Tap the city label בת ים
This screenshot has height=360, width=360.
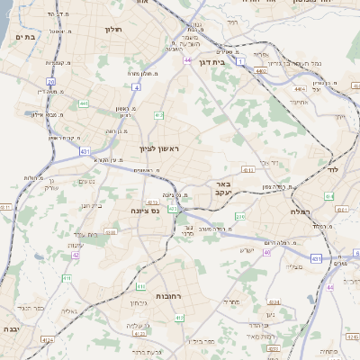point(25,37)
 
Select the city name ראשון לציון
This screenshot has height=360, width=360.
point(159,148)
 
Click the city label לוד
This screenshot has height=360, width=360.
point(331,168)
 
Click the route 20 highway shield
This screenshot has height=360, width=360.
point(52,82)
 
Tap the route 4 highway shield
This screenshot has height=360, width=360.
point(136,87)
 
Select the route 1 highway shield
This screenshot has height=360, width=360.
point(241,60)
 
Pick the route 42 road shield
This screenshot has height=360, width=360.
point(76,255)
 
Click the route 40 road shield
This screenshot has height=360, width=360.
point(266,252)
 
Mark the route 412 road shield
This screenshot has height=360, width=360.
point(158,115)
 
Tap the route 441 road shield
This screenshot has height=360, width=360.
point(84,103)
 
